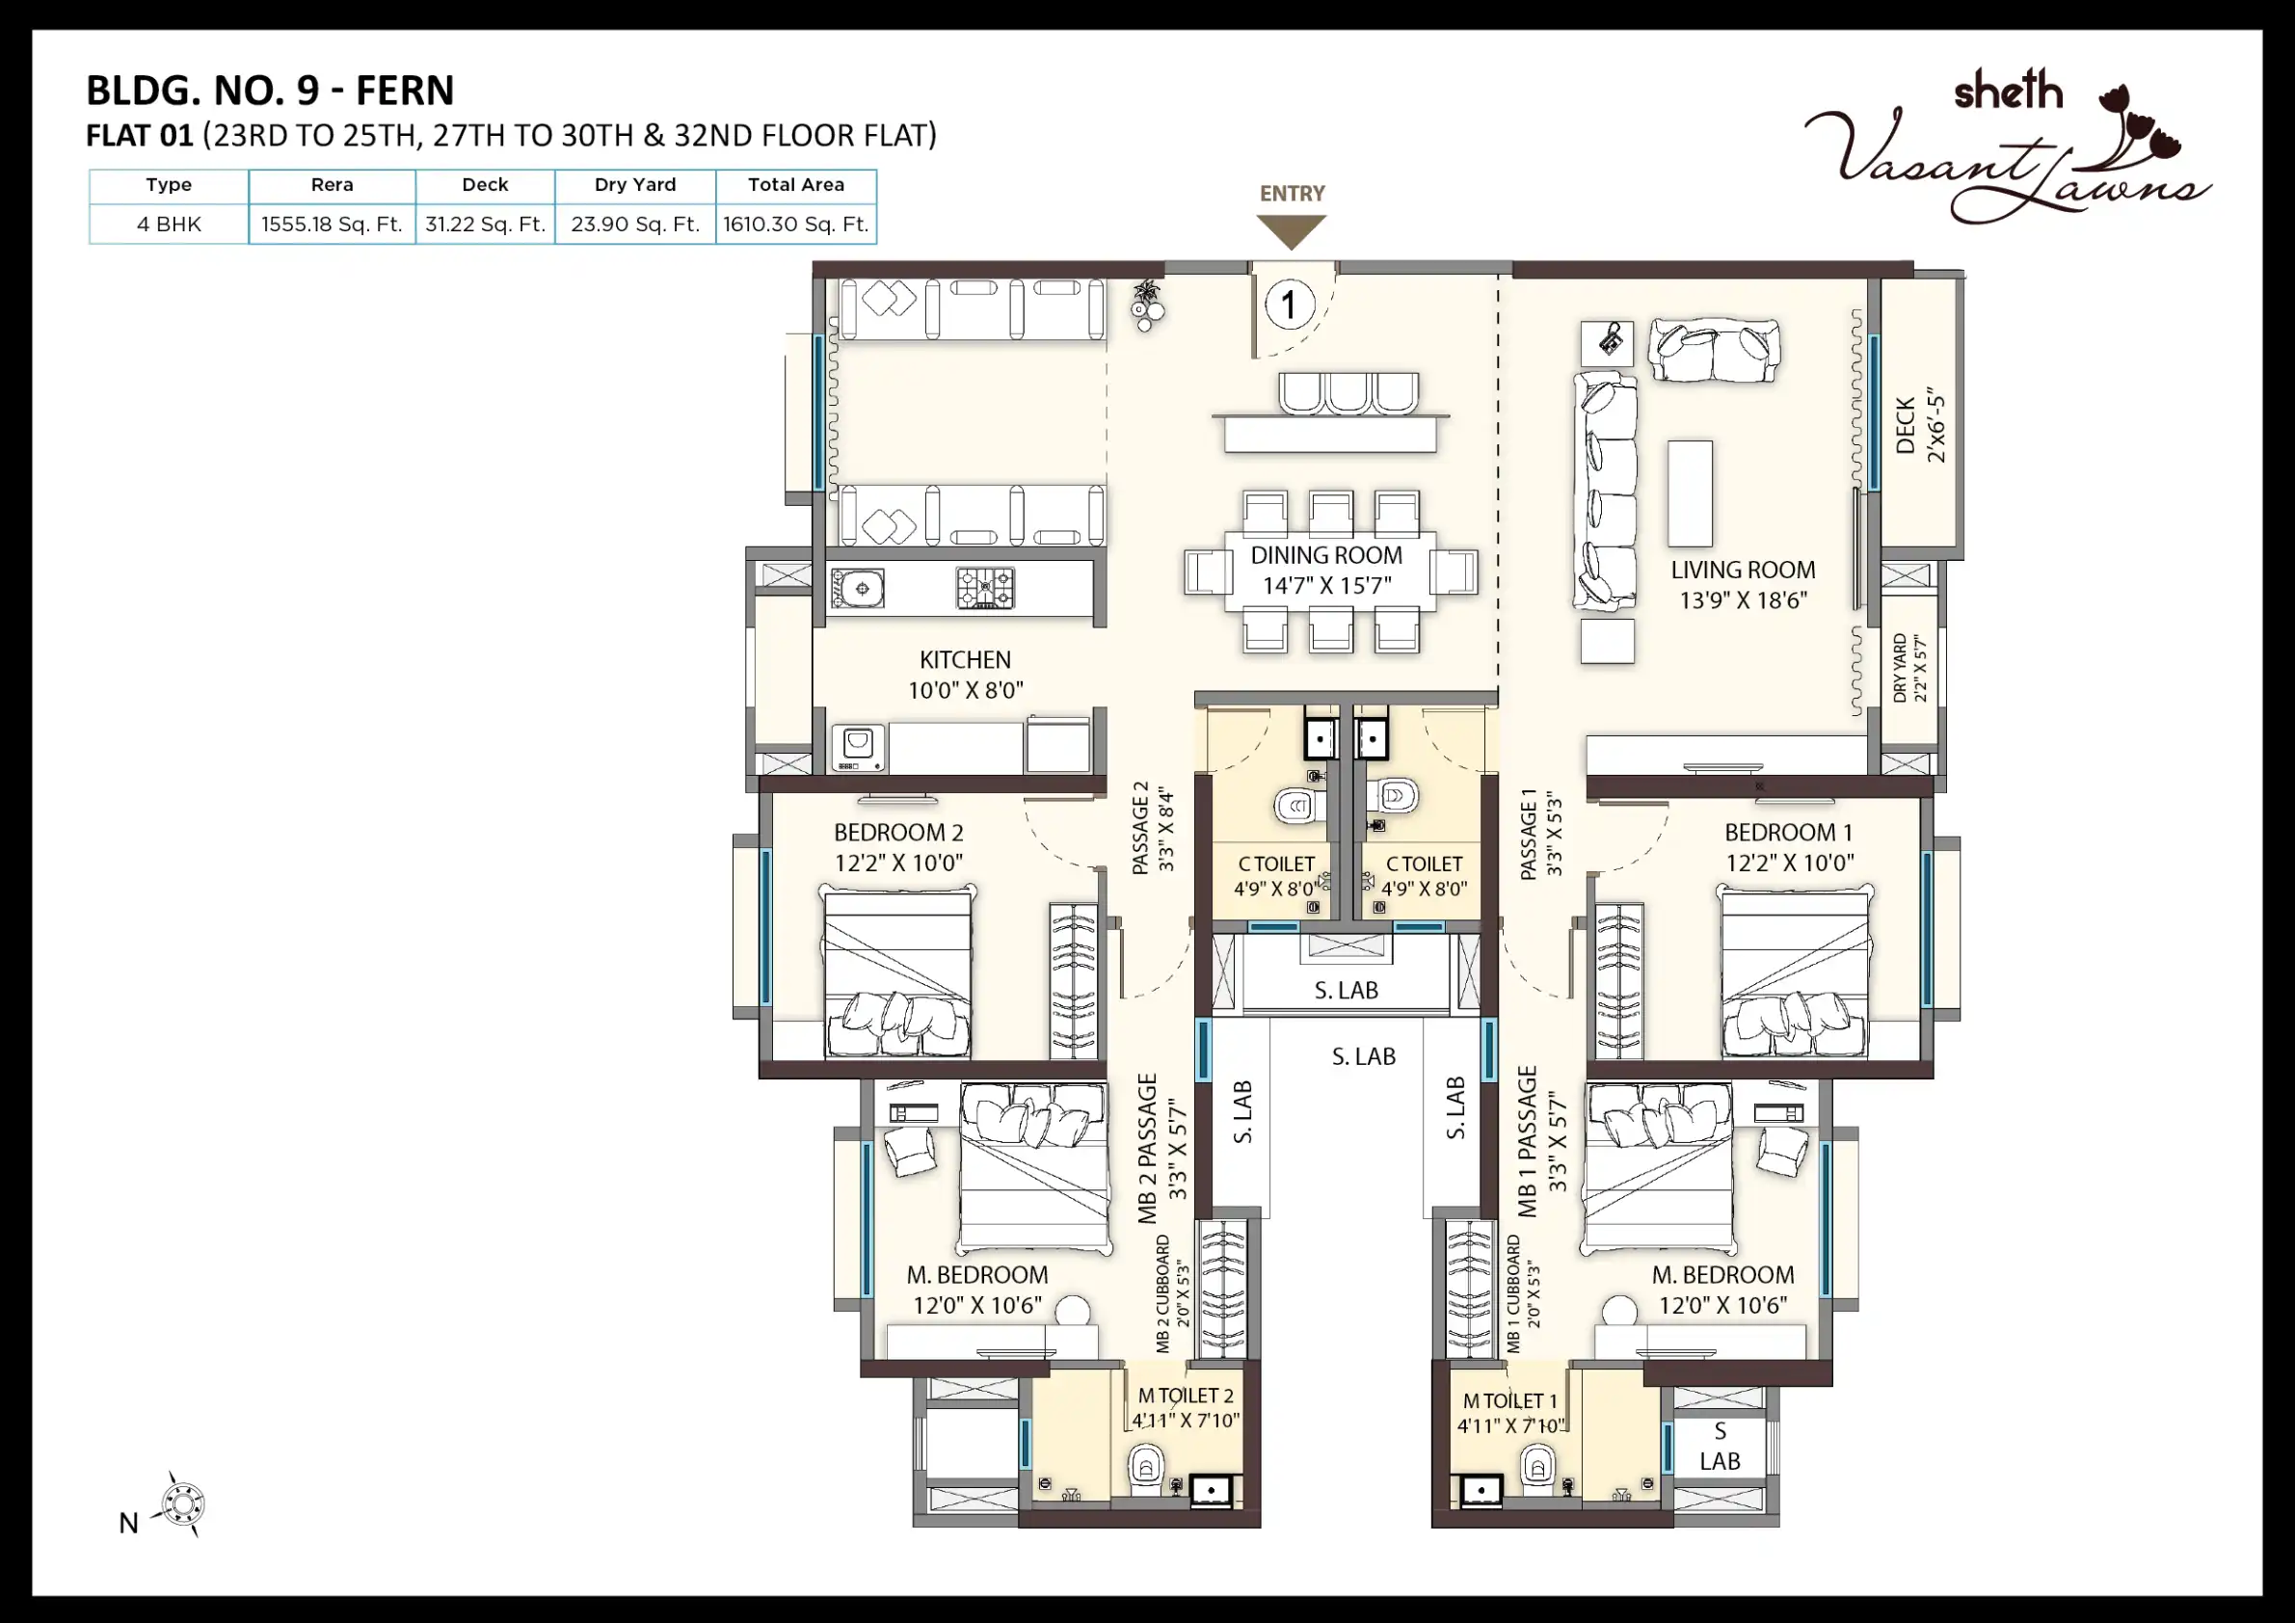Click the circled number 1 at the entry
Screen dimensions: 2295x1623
1290,305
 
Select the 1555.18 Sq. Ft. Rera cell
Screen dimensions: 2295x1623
332,224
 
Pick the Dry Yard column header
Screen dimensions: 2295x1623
635,185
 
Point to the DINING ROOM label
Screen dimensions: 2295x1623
1326,556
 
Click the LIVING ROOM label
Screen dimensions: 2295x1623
1744,571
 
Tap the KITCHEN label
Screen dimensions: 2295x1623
966,659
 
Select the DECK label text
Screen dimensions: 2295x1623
1907,426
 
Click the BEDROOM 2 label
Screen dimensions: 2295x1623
898,833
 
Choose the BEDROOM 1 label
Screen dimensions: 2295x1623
1789,833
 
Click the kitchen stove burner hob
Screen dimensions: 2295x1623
986,588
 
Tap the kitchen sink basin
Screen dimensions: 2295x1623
858,589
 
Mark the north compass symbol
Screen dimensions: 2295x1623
183,1504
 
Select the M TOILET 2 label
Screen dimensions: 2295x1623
1186,1396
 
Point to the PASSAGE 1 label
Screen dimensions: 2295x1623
1529,835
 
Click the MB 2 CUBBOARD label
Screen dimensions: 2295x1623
1162,1293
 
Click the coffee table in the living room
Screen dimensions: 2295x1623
1690,493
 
